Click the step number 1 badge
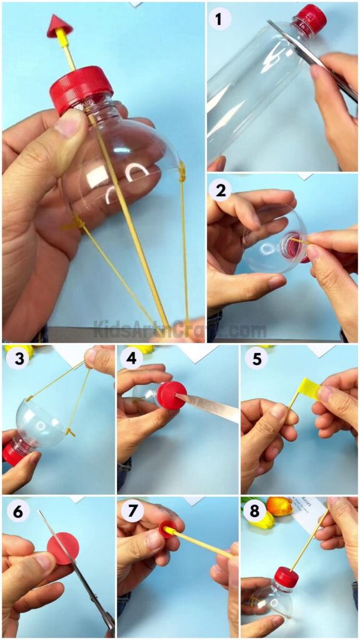219,19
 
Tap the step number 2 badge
219,190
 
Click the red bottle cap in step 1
311,18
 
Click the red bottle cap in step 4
171,396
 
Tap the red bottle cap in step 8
287,576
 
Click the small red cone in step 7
167,529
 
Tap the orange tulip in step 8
279,506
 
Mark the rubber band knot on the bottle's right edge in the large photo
182,171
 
